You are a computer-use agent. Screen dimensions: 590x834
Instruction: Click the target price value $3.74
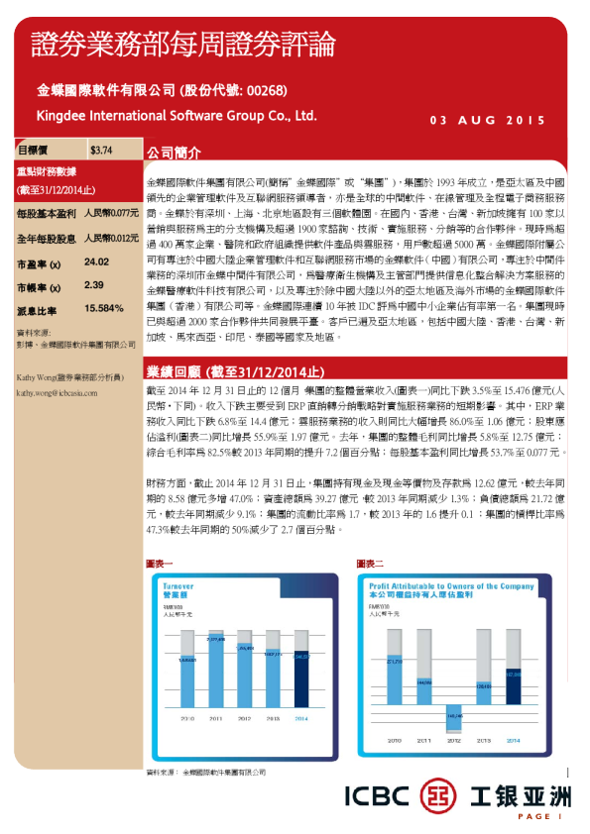click(x=100, y=151)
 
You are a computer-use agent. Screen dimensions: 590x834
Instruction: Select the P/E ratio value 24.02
click(x=96, y=262)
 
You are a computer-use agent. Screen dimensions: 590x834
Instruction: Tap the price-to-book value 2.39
click(x=94, y=285)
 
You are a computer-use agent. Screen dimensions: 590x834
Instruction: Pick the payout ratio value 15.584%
click(x=104, y=308)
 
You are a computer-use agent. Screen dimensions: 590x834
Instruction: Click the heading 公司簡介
click(x=174, y=155)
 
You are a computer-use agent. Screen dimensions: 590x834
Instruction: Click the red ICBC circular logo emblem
click(x=439, y=795)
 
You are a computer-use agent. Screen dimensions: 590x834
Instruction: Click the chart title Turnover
click(x=178, y=586)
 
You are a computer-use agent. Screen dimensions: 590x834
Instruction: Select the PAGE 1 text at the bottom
click(x=544, y=816)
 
